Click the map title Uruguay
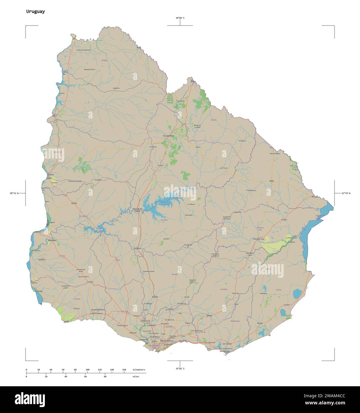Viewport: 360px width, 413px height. [35, 12]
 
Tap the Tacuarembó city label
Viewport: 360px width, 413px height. [168, 136]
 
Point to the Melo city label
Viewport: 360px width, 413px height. [271, 181]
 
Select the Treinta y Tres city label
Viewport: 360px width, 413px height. [258, 239]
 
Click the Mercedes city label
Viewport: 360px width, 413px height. [52, 240]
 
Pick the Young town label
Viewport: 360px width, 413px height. [74, 203]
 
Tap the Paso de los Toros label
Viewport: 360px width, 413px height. [138, 209]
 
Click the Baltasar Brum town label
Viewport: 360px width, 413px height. [90, 69]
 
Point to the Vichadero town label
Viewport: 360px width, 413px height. [242, 141]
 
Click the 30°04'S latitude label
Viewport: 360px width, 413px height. [180, 18]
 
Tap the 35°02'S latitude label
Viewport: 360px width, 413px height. [180, 369]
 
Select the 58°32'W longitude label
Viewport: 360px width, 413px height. [14, 193]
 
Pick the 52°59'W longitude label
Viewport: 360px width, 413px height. [346, 193]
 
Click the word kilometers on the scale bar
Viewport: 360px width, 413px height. [139, 370]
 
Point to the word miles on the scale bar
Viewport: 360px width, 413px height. [136, 376]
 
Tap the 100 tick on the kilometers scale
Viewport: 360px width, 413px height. [87, 370]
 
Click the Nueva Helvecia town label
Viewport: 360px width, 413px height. [98, 310]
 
